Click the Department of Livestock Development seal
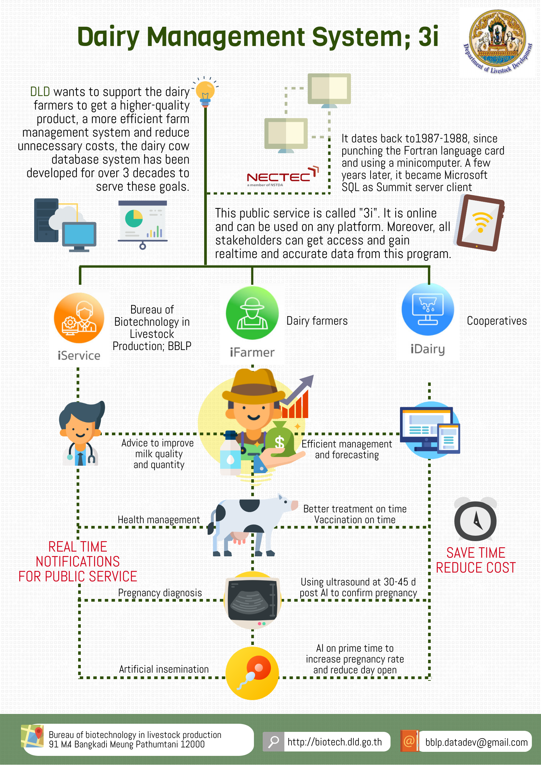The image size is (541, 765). [497, 41]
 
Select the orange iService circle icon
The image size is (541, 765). [79, 318]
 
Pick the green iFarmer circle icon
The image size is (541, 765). [252, 313]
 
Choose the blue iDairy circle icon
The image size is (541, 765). [428, 309]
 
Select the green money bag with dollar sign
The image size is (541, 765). [279, 440]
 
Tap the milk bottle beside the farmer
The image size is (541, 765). [230, 453]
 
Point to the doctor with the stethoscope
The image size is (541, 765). [81, 435]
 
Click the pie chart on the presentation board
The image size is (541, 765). [134, 218]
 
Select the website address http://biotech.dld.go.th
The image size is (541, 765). [334, 742]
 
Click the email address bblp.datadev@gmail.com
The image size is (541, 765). [476, 742]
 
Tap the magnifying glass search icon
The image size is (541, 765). [273, 742]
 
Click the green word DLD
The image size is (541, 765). [40, 92]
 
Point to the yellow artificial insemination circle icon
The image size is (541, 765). [252, 673]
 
